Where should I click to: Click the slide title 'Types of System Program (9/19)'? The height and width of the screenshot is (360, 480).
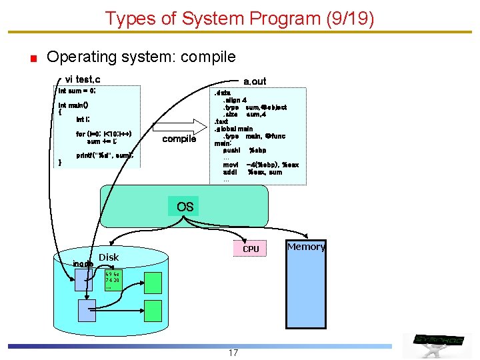pos(239,18)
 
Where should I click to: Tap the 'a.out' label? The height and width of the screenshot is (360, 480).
pos(255,81)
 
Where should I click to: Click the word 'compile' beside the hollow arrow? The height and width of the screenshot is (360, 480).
pos(179,139)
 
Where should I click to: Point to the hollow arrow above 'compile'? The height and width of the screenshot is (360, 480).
pos(179,127)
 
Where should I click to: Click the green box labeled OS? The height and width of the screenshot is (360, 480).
pos(185,207)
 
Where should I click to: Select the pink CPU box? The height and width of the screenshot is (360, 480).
pos(251,249)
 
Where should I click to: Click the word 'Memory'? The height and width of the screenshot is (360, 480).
pos(306,247)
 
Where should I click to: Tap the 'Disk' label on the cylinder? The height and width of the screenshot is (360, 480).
pos(109,257)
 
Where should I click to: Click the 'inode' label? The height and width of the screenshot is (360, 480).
pos(83,263)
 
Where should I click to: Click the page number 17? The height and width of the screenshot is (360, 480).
pos(233,353)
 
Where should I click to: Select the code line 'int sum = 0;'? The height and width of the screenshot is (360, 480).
pos(77,90)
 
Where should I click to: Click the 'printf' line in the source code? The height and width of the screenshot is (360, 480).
pos(105,155)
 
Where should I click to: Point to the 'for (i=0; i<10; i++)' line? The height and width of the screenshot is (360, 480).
pos(104,133)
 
